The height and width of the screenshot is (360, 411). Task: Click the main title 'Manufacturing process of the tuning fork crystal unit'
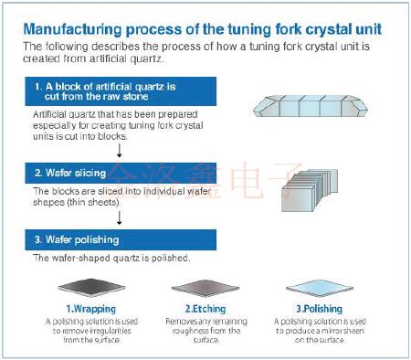pos(203,30)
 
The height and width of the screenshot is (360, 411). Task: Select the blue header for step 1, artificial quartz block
pos(121,91)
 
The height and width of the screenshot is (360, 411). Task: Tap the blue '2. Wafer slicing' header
pos(121,173)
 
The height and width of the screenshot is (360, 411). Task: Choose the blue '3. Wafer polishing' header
pos(121,240)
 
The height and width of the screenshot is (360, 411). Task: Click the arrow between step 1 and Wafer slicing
pos(120,151)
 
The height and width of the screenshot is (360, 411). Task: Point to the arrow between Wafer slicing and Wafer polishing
pos(120,217)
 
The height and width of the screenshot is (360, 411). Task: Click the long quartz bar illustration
pos(311,106)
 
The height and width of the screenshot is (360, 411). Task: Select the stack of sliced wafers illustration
pos(310,190)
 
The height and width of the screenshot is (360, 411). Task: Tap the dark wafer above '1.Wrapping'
pos(91,288)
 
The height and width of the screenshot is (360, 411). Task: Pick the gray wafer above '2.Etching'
pos(205,288)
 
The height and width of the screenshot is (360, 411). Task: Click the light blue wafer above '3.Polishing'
pos(320,288)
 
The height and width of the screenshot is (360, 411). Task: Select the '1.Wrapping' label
pos(91,309)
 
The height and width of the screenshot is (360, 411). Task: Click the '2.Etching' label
pos(205,309)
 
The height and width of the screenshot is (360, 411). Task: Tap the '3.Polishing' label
pos(320,309)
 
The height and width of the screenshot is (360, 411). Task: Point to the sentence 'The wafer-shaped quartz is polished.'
pos(111,258)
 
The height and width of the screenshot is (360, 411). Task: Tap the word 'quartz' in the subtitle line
pos(145,58)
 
